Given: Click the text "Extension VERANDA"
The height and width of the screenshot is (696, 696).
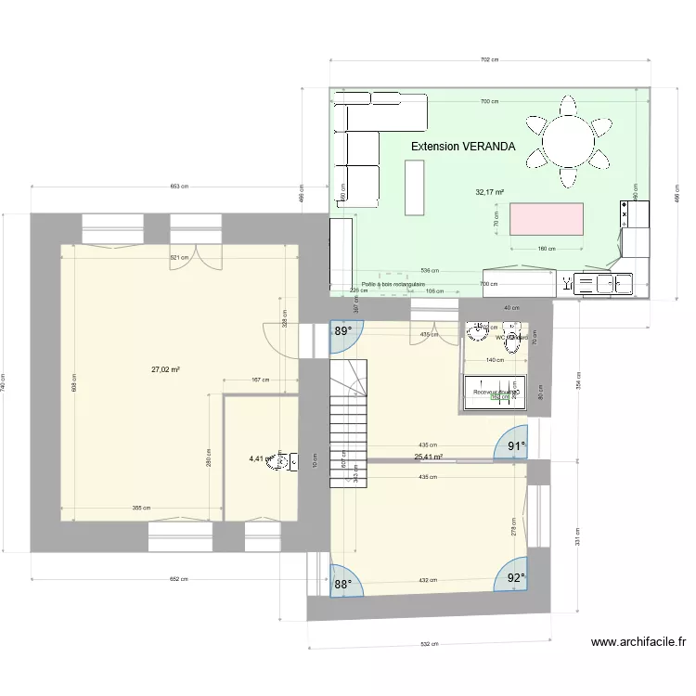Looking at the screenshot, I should [x=463, y=147].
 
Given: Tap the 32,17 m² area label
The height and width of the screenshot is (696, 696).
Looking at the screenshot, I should [x=489, y=193].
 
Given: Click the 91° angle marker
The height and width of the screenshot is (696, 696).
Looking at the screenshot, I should [x=516, y=446].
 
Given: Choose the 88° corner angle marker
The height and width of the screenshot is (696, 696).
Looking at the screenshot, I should [x=343, y=584].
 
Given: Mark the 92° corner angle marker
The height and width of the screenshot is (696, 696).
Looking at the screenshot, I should [x=516, y=577].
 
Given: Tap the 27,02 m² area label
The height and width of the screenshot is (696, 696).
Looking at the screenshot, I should [x=165, y=369].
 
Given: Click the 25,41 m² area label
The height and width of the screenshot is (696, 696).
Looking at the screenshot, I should [x=428, y=457].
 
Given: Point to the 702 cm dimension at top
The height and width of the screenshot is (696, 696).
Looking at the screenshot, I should [x=489, y=59].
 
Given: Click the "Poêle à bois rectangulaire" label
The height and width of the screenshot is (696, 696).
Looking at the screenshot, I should [x=393, y=285].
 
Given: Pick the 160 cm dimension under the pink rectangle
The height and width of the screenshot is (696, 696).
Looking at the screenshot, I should [x=546, y=249].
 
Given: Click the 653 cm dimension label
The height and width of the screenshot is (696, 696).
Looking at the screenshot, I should [x=179, y=187].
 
